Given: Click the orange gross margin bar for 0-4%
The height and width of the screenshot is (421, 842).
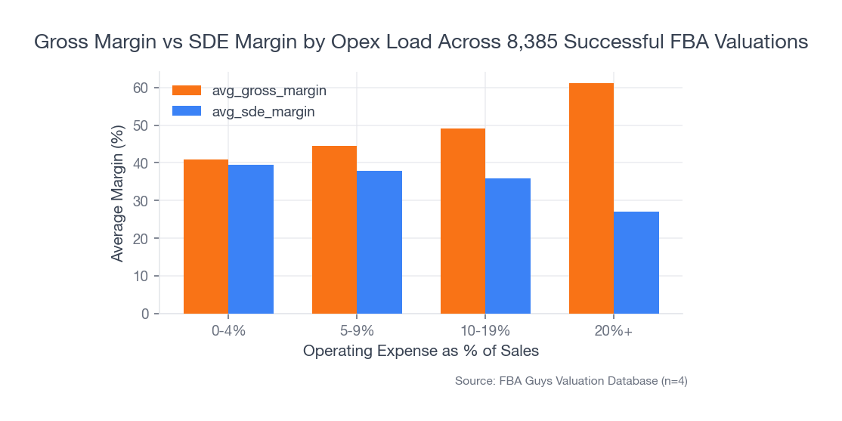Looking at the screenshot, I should [206, 237].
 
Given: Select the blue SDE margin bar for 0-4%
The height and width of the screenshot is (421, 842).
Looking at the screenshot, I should [251, 239].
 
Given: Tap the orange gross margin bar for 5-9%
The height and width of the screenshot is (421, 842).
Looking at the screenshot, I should [334, 230].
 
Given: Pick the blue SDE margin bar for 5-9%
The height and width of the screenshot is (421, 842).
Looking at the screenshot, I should [379, 242].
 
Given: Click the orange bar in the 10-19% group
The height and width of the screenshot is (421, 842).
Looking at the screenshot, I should [463, 221].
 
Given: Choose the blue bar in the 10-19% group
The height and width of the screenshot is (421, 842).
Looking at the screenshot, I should [508, 246].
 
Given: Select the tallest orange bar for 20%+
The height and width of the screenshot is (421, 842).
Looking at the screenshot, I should [591, 198].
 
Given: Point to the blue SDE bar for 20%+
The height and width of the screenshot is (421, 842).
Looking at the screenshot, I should [636, 262].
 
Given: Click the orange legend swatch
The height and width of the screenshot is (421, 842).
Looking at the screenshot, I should [187, 91].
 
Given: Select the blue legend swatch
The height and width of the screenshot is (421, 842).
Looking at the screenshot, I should [187, 111].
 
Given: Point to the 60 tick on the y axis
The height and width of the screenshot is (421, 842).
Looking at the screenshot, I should [141, 88].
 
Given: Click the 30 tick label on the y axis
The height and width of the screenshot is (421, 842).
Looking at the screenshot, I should [141, 201].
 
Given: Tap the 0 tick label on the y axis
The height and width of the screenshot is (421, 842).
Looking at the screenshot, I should [144, 314].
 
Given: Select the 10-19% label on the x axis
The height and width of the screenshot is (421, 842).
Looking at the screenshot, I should [485, 331].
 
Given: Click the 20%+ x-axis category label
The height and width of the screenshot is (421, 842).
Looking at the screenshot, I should [614, 331].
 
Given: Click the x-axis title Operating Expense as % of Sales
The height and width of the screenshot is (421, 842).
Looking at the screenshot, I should [421, 351].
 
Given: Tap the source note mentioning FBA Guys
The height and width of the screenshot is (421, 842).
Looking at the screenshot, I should [571, 382].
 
